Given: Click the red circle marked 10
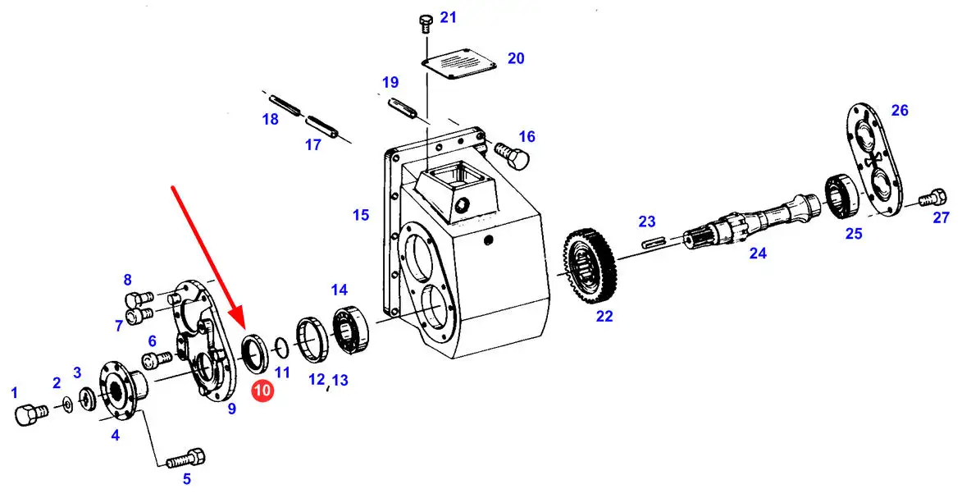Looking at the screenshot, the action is click(262, 391).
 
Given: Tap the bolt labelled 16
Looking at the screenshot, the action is click(512, 153).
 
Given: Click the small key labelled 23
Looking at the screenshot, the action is click(654, 242).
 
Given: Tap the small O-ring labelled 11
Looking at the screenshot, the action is click(280, 348).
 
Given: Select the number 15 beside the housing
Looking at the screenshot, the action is click(361, 215).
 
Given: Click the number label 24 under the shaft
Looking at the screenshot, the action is click(758, 253).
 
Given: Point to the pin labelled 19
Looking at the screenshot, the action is click(402, 107).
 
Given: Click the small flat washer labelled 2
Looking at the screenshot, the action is click(67, 405).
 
